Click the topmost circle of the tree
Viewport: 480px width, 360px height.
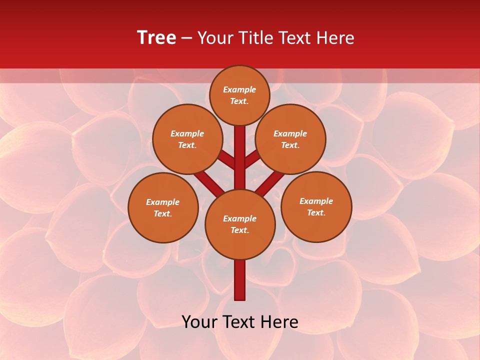239,95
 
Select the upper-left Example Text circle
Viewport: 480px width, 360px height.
187,139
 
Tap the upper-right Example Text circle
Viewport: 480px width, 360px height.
290,139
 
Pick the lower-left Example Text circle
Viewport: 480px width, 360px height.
163,207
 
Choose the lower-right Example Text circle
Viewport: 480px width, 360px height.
316,206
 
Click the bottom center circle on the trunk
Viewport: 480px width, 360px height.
240,224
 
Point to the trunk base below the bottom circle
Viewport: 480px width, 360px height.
240,280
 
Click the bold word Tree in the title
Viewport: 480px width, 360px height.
156,38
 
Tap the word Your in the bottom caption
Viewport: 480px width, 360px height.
199,322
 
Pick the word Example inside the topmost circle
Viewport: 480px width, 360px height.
239,89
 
